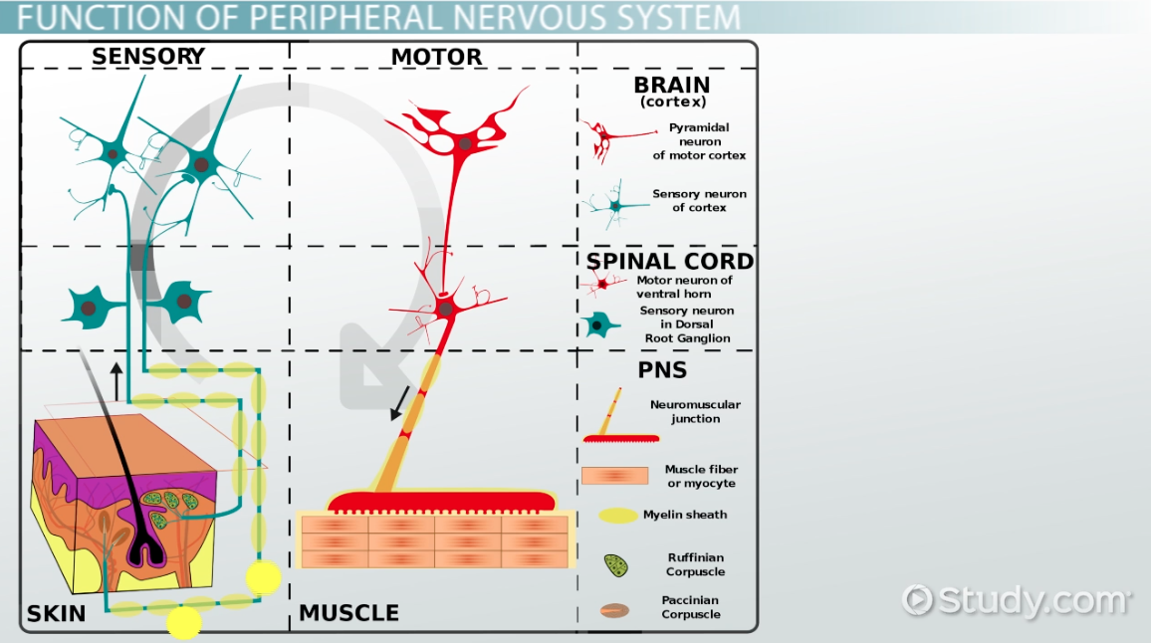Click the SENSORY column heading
click(x=147, y=57)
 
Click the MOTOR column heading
click(x=436, y=58)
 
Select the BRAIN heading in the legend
click(x=672, y=86)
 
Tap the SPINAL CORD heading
click(x=670, y=262)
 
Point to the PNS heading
click(x=661, y=371)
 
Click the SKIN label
click(x=57, y=613)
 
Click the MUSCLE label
click(x=348, y=613)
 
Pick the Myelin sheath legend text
click(x=685, y=515)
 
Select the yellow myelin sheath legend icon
click(x=618, y=516)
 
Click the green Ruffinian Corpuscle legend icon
click(x=616, y=565)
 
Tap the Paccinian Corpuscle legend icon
click(x=614, y=610)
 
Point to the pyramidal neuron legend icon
click(x=599, y=139)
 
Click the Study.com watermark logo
click(x=1017, y=600)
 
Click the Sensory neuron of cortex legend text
click(x=699, y=201)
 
